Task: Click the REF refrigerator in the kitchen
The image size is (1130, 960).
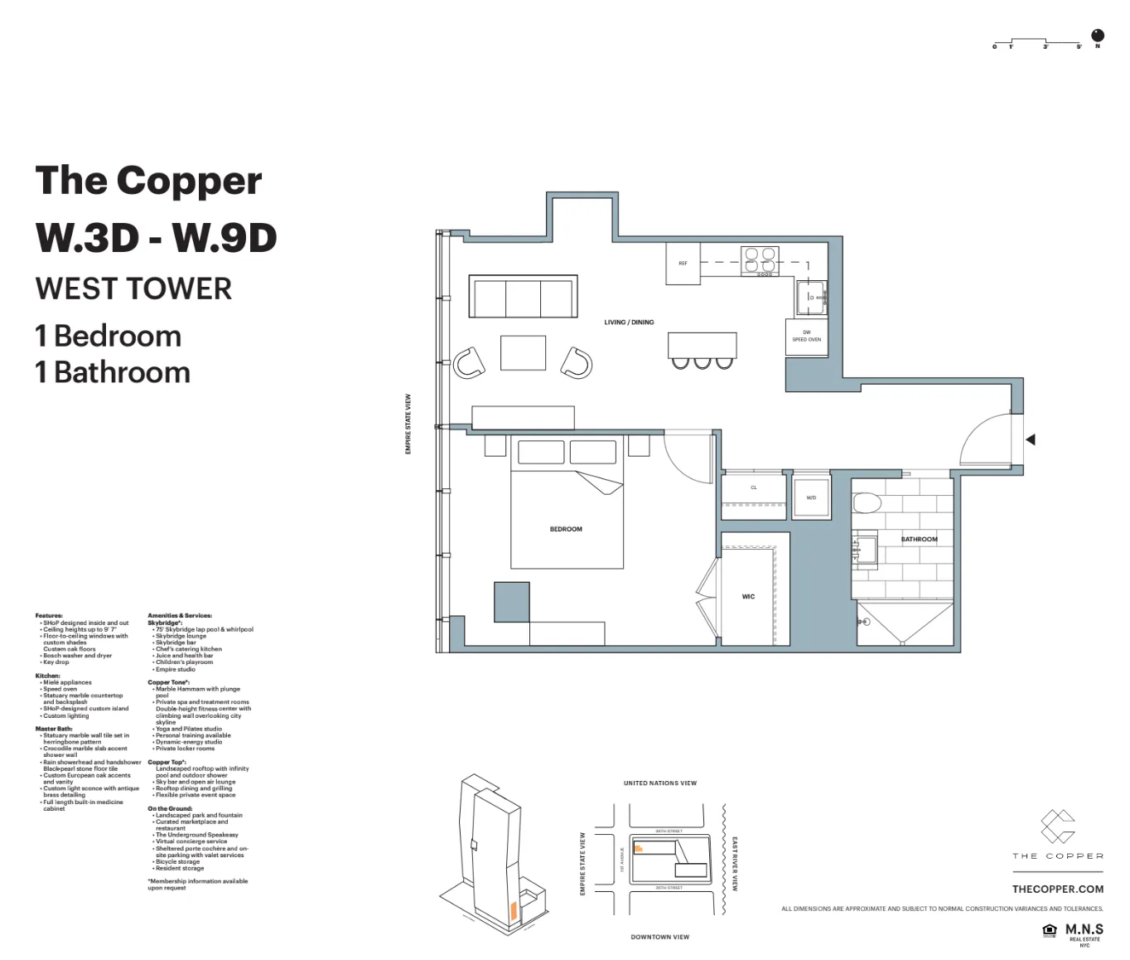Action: pyautogui.click(x=683, y=264)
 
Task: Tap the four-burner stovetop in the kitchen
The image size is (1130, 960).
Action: pyautogui.click(x=760, y=259)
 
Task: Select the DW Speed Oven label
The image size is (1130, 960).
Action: pyautogui.click(x=806, y=337)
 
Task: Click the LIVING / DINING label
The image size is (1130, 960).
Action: pyautogui.click(x=629, y=322)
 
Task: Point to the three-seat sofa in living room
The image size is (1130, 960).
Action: pyautogui.click(x=523, y=297)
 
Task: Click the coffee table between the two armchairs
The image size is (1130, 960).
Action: pyautogui.click(x=523, y=352)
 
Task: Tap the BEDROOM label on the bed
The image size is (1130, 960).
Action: pyautogui.click(x=566, y=529)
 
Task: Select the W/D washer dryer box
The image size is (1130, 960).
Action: pyautogui.click(x=811, y=497)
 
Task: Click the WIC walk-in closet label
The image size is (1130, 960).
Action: pyautogui.click(x=748, y=597)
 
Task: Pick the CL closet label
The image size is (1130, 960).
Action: pyautogui.click(x=754, y=487)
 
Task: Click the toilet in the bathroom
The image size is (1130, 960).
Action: pyautogui.click(x=867, y=503)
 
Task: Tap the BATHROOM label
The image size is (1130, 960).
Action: pyautogui.click(x=919, y=539)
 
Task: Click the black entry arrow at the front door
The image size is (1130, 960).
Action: pyautogui.click(x=1030, y=439)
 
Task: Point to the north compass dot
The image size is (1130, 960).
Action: pyautogui.click(x=1098, y=35)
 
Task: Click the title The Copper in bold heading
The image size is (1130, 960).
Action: pyautogui.click(x=149, y=181)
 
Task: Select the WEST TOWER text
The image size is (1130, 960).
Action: pyautogui.click(x=133, y=289)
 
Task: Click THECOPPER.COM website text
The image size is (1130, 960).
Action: pyautogui.click(x=1057, y=889)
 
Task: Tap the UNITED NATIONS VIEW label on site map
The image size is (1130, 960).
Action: pyautogui.click(x=659, y=783)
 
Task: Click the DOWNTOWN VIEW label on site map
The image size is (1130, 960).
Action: pyautogui.click(x=659, y=937)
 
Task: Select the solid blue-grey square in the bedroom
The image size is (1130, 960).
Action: pyautogui.click(x=511, y=602)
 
